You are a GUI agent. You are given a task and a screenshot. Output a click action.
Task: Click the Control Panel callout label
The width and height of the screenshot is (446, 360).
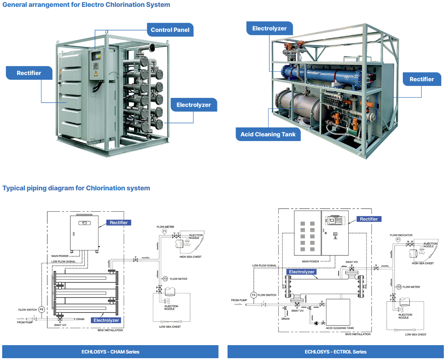[170, 30]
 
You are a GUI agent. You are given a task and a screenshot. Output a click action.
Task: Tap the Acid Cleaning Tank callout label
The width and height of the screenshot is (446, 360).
[268, 135]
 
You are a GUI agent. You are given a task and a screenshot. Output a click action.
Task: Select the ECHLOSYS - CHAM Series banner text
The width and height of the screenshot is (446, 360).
[110, 352]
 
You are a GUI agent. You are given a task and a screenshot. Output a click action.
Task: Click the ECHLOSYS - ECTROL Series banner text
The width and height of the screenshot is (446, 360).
[335, 352]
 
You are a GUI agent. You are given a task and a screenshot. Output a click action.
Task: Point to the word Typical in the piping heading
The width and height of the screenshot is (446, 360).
[14, 188]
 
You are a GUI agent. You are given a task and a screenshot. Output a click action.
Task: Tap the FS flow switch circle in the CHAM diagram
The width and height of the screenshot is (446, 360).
[41, 310]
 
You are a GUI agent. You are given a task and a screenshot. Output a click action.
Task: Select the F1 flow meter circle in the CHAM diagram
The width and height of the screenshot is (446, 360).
[164, 231]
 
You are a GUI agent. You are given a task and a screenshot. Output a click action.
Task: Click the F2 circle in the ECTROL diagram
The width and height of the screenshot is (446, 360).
[399, 287]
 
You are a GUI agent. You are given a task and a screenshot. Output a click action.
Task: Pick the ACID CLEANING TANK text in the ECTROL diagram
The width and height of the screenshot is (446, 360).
[340, 328]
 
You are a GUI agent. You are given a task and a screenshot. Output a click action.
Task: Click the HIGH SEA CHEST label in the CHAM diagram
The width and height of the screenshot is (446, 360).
[190, 257]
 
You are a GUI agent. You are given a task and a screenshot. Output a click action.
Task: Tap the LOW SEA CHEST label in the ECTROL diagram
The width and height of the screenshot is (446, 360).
[416, 335]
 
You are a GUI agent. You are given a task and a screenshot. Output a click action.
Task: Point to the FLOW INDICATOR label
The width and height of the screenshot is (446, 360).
[401, 235]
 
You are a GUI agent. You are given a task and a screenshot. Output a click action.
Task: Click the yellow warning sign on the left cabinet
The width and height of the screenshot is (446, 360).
[96, 74]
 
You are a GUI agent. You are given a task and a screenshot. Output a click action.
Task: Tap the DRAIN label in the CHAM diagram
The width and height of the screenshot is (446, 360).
[80, 319]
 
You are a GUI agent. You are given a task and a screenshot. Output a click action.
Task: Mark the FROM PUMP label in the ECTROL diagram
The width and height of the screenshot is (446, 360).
[239, 300]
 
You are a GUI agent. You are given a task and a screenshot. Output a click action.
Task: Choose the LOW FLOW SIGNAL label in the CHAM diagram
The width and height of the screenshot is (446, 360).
[64, 261]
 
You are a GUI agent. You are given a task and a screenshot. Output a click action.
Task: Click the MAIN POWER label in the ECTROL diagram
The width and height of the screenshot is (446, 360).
[310, 261]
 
